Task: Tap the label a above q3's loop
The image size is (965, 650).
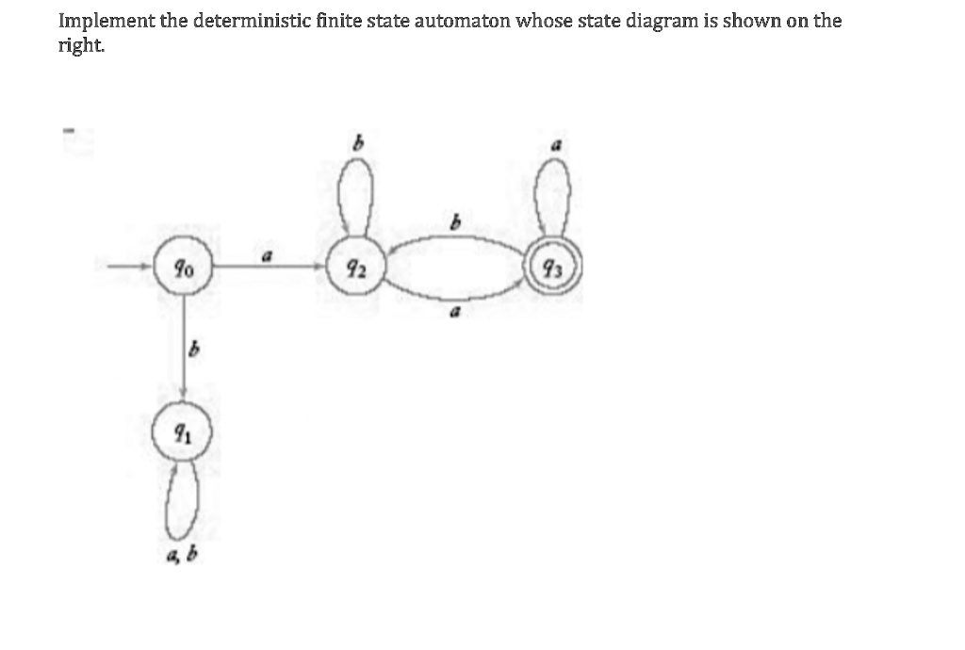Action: tap(557, 145)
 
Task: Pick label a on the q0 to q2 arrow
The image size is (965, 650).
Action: tap(267, 255)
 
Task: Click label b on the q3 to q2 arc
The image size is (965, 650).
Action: tap(455, 220)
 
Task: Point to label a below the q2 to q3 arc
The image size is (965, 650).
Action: tap(455, 313)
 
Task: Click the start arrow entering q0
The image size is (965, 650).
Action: tap(130, 267)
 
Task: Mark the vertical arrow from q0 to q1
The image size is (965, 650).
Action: tap(184, 349)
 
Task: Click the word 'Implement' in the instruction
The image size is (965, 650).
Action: tap(106, 22)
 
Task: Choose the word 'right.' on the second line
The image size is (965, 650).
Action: tap(81, 45)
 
